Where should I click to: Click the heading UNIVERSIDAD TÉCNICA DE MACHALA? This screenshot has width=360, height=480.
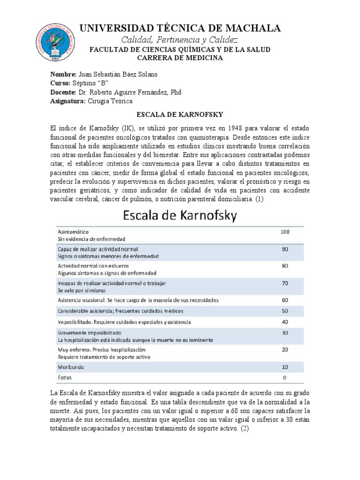point(180,28)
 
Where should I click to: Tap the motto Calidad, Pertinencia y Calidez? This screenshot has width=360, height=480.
point(180,39)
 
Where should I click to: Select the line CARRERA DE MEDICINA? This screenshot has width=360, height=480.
point(180,58)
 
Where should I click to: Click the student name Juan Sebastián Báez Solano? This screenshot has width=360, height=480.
point(118,75)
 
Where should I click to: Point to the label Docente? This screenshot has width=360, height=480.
point(63,92)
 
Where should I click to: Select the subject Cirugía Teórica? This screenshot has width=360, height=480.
point(110,101)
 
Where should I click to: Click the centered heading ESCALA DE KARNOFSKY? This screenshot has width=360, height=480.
point(180,114)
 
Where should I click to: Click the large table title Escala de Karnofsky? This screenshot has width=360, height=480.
point(180,216)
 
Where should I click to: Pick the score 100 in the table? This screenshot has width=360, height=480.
point(285,232)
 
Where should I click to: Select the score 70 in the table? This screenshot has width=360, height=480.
point(285,284)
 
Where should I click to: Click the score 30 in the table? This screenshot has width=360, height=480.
point(285,332)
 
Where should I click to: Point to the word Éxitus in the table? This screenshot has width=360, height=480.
point(65,377)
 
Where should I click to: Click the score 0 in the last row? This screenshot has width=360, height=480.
point(285,377)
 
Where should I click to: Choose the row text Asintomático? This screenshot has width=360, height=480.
point(73,232)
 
